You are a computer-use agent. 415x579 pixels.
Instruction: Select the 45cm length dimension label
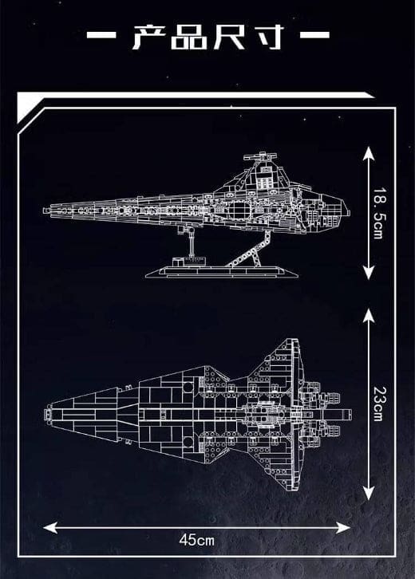(196, 541)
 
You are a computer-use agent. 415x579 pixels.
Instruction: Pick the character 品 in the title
(189, 37)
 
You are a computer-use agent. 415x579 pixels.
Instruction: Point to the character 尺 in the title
(229, 37)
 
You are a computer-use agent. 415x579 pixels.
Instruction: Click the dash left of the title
(101, 35)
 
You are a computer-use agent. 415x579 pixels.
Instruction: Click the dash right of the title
(314, 35)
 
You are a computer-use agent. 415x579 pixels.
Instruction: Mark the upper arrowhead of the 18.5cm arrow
(369, 153)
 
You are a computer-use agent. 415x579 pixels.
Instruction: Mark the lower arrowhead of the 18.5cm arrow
(369, 272)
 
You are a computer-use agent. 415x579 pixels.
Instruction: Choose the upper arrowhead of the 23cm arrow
(369, 315)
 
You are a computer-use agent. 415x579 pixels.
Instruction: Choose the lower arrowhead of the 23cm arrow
(369, 493)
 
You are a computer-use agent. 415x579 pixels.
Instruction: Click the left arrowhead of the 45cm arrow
(50, 528)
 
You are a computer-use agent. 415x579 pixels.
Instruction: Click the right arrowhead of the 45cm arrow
(343, 528)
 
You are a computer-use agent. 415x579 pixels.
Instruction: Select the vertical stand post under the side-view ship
(191, 242)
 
